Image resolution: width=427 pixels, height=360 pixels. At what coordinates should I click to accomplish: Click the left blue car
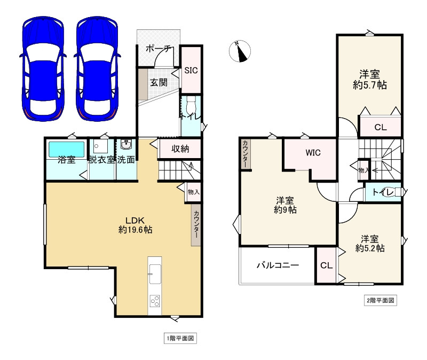(x=43, y=69)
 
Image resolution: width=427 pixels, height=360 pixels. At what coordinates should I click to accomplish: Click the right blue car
(x=97, y=69)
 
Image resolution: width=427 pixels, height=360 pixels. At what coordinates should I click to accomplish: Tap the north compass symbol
(x=240, y=51)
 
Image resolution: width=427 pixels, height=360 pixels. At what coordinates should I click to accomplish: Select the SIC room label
(x=191, y=71)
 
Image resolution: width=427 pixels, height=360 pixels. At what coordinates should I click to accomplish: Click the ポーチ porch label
(x=158, y=49)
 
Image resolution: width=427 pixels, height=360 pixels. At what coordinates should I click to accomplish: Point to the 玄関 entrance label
(x=159, y=82)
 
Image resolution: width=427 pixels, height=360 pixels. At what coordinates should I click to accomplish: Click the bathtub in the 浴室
(x=66, y=149)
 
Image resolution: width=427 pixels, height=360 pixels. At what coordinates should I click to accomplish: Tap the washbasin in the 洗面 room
(x=126, y=144)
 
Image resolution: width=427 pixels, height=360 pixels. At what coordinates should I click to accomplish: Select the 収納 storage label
(x=180, y=148)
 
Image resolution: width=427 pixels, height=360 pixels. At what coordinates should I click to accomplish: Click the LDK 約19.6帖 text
(x=135, y=225)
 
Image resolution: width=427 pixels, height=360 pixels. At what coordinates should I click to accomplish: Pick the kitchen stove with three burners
(x=155, y=301)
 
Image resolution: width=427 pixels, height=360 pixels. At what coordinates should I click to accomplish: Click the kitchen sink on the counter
(x=155, y=274)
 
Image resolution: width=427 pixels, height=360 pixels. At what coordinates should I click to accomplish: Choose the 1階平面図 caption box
(x=180, y=339)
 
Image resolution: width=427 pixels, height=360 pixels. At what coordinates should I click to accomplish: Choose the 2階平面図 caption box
(x=381, y=300)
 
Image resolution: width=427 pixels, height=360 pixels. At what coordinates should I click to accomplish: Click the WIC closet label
(x=313, y=153)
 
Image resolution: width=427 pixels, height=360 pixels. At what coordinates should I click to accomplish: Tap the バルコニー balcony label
(x=278, y=265)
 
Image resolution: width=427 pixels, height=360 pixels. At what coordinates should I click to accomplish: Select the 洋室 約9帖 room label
(x=285, y=205)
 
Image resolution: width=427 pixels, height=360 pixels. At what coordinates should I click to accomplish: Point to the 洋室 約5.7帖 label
(x=369, y=80)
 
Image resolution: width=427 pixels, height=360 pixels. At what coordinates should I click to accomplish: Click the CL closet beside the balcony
(x=326, y=265)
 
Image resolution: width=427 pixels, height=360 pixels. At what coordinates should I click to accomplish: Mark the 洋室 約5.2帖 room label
(x=370, y=244)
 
